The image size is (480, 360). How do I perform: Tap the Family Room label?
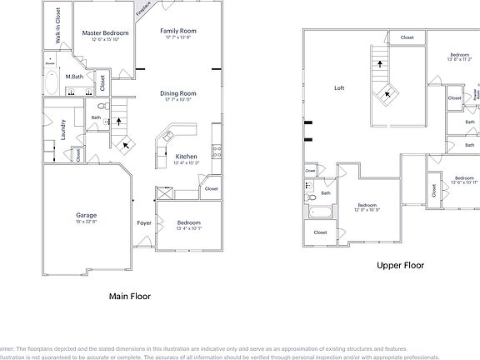177,31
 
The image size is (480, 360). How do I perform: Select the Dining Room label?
177,93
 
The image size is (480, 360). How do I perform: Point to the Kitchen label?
186,157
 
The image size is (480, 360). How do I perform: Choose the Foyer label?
144,223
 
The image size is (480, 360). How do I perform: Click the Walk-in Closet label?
57,25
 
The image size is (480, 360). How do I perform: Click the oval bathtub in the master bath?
51,82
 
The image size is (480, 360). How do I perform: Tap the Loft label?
339,87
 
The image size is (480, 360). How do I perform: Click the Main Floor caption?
130,295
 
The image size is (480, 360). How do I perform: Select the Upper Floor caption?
400,266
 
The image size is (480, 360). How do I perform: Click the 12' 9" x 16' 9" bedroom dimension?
367,211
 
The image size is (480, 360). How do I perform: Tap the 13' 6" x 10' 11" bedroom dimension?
464,182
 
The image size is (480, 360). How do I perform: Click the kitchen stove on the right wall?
217,152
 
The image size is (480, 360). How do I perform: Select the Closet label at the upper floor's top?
407,37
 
